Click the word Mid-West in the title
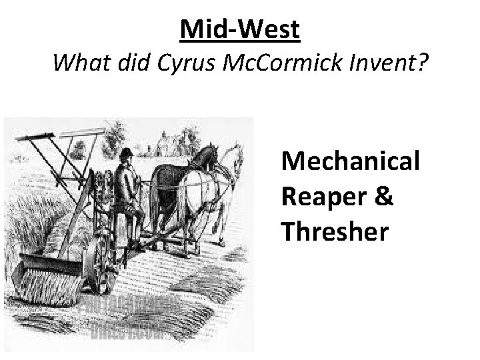coord(240,29)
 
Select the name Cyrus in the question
coord(179,65)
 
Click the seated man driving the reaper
coord(127,190)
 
